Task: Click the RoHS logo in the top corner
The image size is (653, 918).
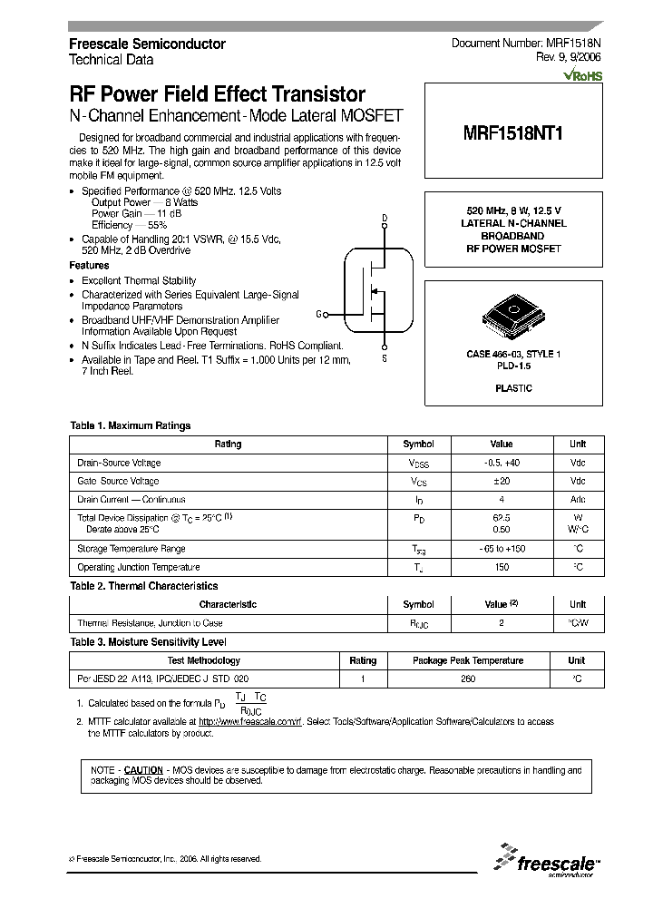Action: tap(582, 76)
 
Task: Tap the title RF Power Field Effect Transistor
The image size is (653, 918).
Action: tap(218, 94)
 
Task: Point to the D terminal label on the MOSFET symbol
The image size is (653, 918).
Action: tap(384, 219)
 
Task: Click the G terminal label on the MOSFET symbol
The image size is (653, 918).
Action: tap(319, 314)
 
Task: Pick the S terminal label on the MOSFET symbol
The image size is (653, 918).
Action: tap(384, 359)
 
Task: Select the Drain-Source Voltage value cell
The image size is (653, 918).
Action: tap(501, 463)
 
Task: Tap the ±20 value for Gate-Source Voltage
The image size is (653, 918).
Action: tap(501, 481)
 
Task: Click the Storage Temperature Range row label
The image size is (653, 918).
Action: tap(132, 549)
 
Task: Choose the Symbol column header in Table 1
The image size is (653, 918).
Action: tap(418, 444)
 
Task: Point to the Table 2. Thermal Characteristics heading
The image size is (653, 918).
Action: tap(144, 586)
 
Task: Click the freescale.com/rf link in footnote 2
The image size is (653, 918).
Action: tap(250, 722)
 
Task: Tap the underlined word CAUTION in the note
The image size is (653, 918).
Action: tap(143, 769)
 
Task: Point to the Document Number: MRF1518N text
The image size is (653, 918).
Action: tap(526, 44)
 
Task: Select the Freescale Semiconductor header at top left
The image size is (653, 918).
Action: tap(148, 44)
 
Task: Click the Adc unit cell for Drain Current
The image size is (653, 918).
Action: tap(578, 499)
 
